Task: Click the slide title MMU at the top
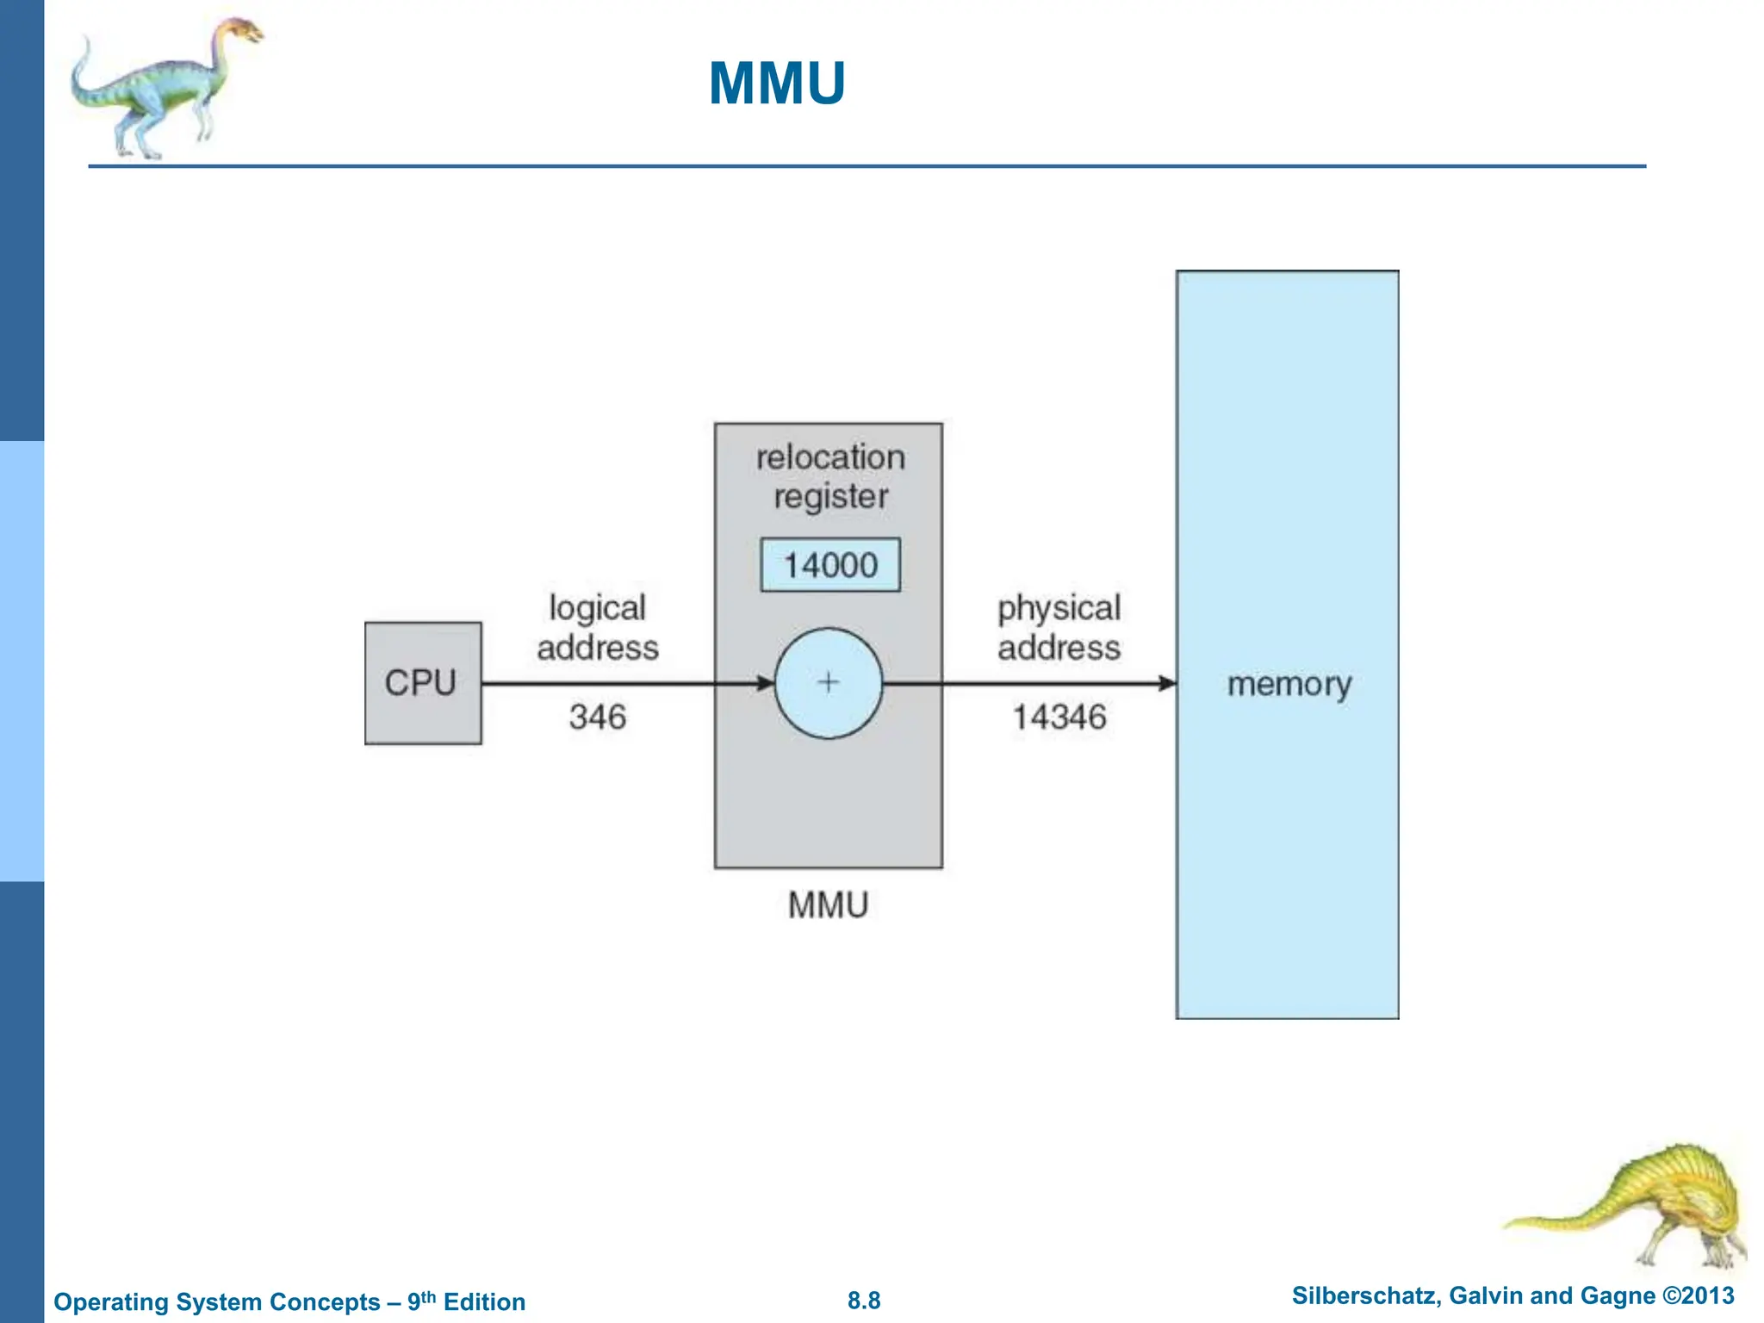pos(776,84)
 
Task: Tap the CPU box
pos(422,682)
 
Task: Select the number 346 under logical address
pos(597,717)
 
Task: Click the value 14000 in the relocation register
pos(830,565)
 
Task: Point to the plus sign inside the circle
pos(828,682)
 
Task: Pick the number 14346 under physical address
pos(1059,717)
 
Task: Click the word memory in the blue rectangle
pos(1289,685)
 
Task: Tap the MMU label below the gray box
pos(828,905)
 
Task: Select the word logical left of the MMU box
pos(597,608)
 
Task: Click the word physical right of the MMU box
pos(1059,608)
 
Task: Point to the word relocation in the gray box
pos(830,457)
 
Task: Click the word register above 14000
pos(830,497)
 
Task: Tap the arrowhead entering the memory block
pos(1167,683)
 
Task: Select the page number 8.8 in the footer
pos(864,1301)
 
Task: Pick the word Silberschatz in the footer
pos(1364,1295)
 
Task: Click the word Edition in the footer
pos(484,1301)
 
